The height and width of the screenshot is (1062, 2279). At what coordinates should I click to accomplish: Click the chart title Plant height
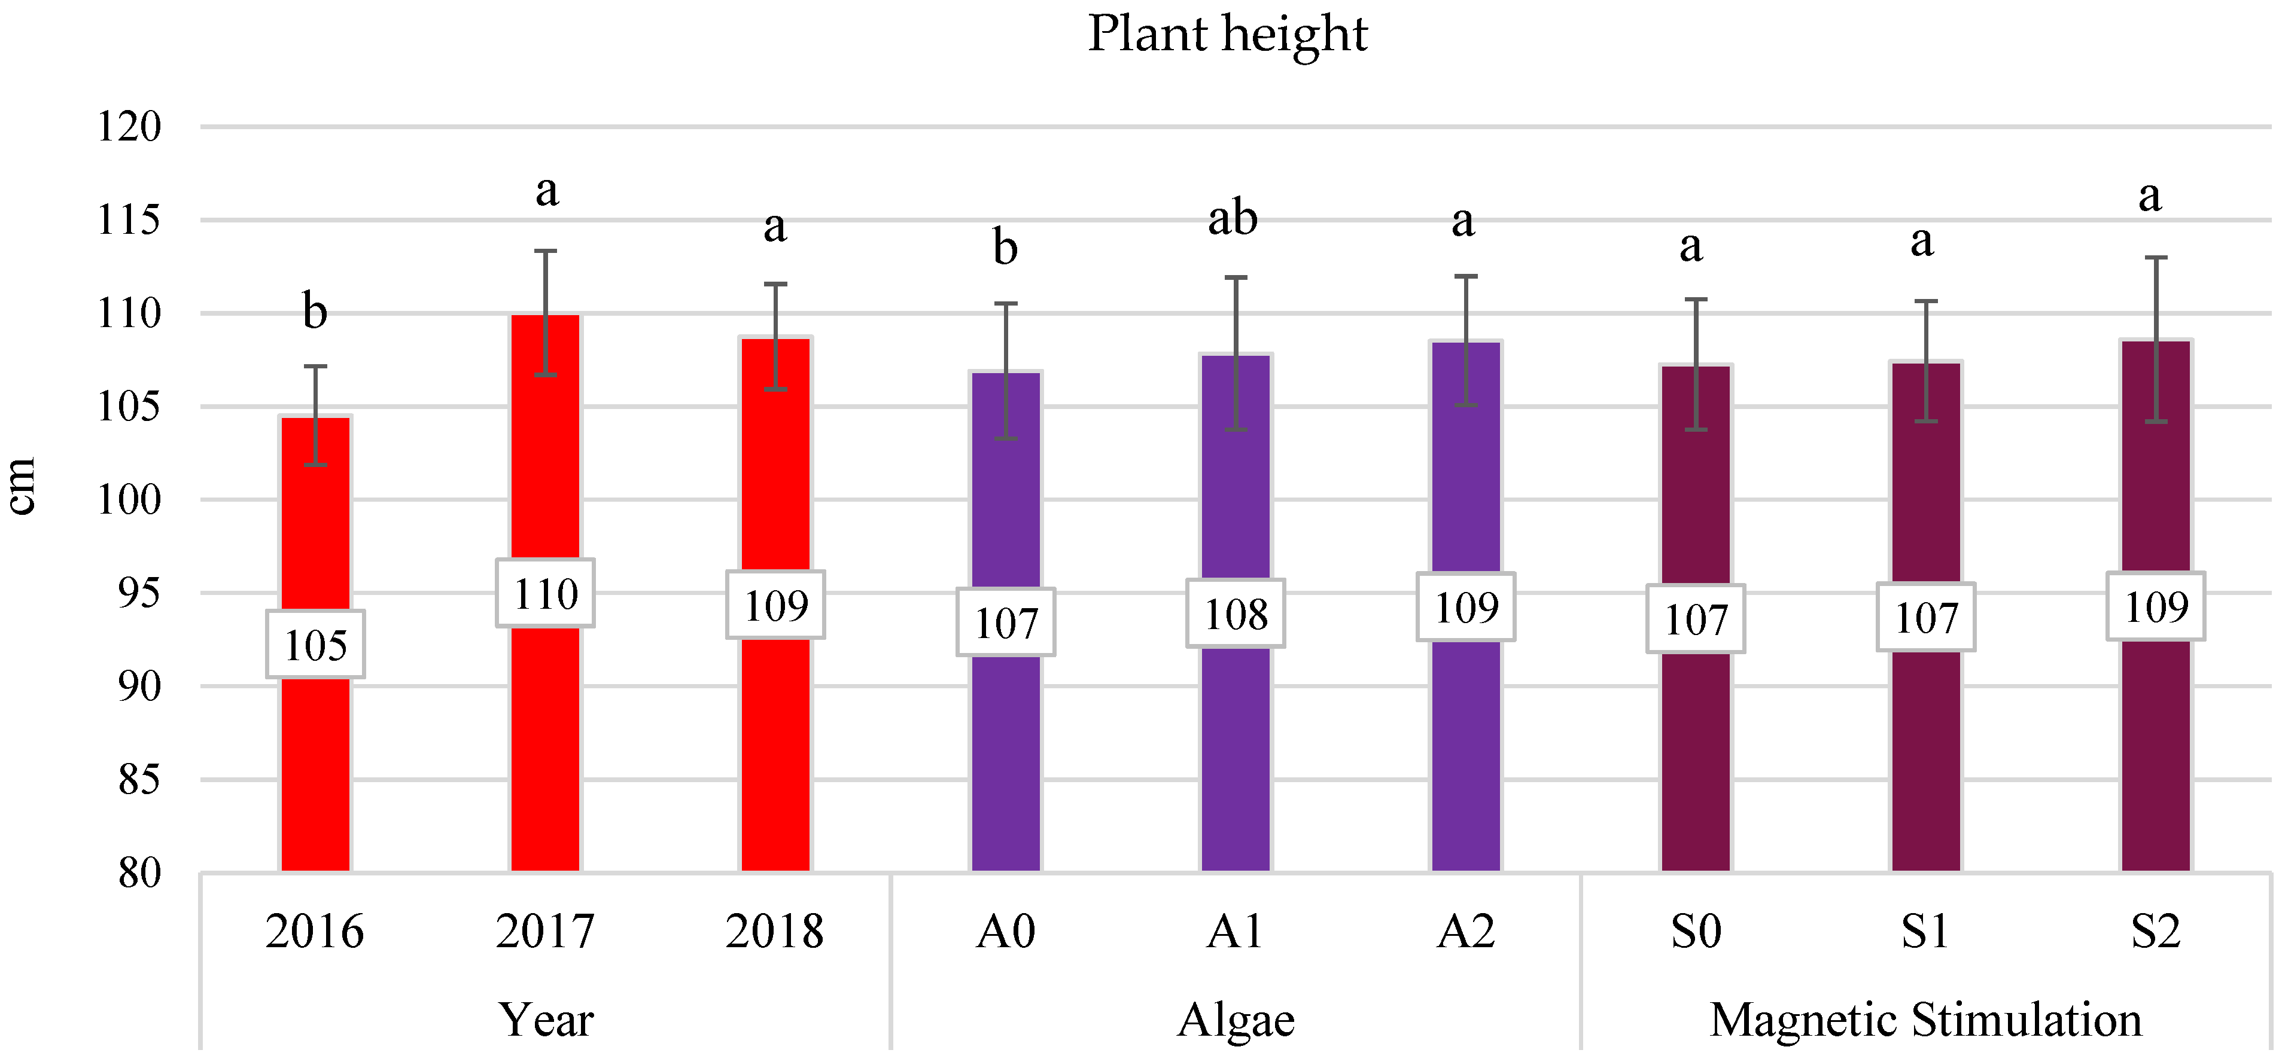[1227, 35]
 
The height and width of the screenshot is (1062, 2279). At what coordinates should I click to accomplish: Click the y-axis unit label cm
[21, 486]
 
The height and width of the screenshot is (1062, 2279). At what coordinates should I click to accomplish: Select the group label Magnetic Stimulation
[1925, 1020]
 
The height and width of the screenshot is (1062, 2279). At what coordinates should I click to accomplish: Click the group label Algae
[1236, 1020]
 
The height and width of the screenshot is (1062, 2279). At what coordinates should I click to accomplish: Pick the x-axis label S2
[2155, 931]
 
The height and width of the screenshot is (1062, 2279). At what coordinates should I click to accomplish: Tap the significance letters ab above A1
[1233, 218]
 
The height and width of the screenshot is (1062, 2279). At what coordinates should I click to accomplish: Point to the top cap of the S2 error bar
[2156, 257]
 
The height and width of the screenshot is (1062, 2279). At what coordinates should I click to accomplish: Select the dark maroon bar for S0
[1696, 761]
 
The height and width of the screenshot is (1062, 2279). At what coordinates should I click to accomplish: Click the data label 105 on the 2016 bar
[316, 645]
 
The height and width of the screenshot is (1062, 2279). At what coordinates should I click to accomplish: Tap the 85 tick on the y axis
[139, 780]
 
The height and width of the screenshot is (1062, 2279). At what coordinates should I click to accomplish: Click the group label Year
[545, 1020]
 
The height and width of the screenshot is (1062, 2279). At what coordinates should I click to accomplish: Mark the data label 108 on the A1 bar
[1236, 614]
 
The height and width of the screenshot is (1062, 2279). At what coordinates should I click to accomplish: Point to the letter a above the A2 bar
[1463, 221]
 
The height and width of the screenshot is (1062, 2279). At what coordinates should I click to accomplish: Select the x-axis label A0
[1006, 931]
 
